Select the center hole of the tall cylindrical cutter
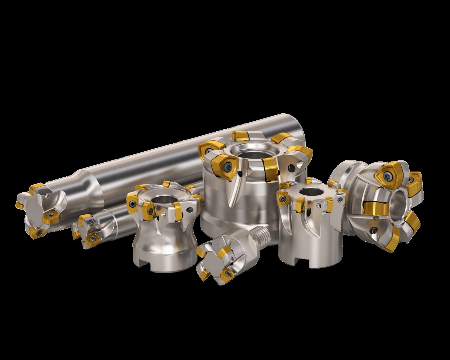pos(309,192)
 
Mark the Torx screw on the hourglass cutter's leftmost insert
pos(132,202)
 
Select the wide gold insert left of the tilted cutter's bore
pos(373,208)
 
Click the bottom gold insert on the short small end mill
pos(91,240)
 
